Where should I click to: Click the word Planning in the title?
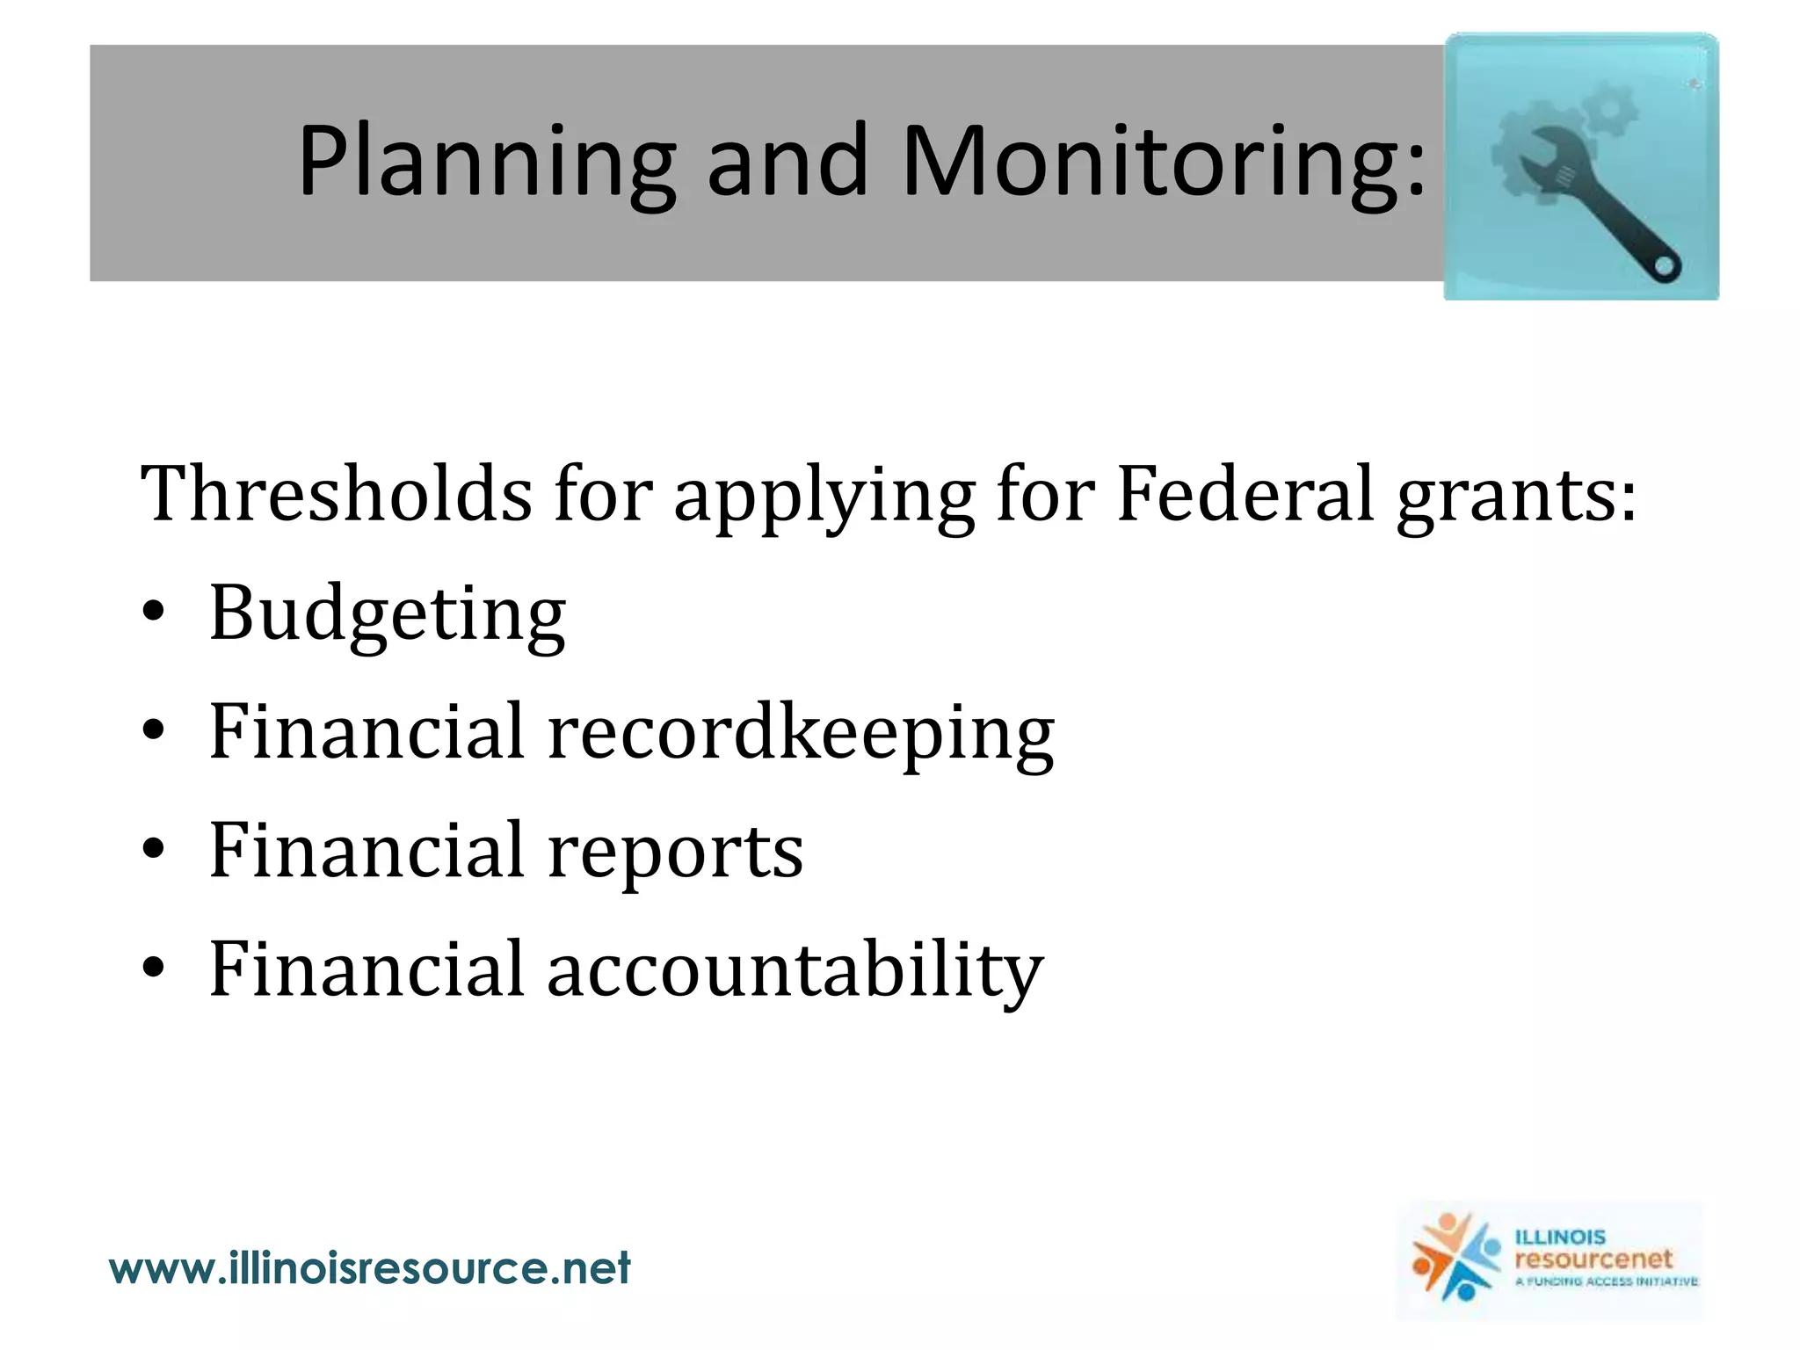(x=487, y=163)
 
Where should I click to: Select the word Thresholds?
(x=336, y=494)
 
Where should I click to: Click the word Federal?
(x=1245, y=494)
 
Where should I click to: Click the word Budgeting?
(x=388, y=615)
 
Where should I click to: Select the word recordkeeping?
(x=801, y=734)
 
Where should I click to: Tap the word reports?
(x=675, y=853)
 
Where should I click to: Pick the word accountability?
(x=795, y=970)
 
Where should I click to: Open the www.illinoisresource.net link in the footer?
(x=369, y=1268)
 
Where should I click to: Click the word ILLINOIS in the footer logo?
(x=1559, y=1237)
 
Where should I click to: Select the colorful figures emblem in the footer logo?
(x=1455, y=1258)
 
